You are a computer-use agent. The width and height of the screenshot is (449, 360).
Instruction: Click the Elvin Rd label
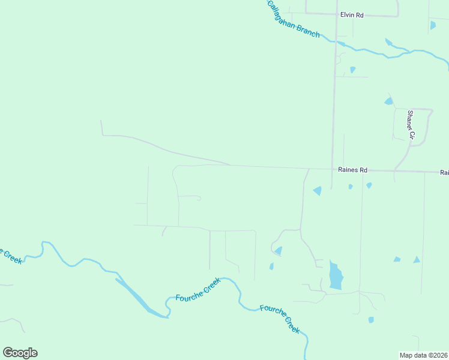(x=352, y=15)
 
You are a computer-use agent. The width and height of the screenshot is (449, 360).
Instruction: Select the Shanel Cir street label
(x=411, y=124)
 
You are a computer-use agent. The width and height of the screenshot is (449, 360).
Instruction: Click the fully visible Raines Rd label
(x=352, y=170)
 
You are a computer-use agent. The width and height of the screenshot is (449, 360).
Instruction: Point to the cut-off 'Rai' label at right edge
(x=444, y=172)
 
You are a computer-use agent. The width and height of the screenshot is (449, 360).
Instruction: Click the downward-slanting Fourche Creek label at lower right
(x=280, y=319)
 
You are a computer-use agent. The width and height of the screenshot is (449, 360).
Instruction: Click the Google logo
(x=20, y=352)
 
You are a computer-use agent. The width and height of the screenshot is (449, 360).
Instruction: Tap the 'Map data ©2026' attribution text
(x=423, y=355)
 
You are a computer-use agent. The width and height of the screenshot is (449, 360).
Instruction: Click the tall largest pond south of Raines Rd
(x=336, y=276)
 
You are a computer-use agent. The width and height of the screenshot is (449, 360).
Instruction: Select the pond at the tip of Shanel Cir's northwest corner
(x=388, y=101)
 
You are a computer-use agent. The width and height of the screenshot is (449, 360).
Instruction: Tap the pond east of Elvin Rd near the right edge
(x=433, y=25)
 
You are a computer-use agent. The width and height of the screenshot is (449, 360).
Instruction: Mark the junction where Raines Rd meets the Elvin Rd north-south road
(x=332, y=169)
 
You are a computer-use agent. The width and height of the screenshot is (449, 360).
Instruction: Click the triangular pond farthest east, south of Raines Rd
(x=417, y=259)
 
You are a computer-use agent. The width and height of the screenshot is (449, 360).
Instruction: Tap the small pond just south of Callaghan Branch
(x=352, y=70)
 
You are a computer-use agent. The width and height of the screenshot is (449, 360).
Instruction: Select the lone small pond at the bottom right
(x=371, y=320)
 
